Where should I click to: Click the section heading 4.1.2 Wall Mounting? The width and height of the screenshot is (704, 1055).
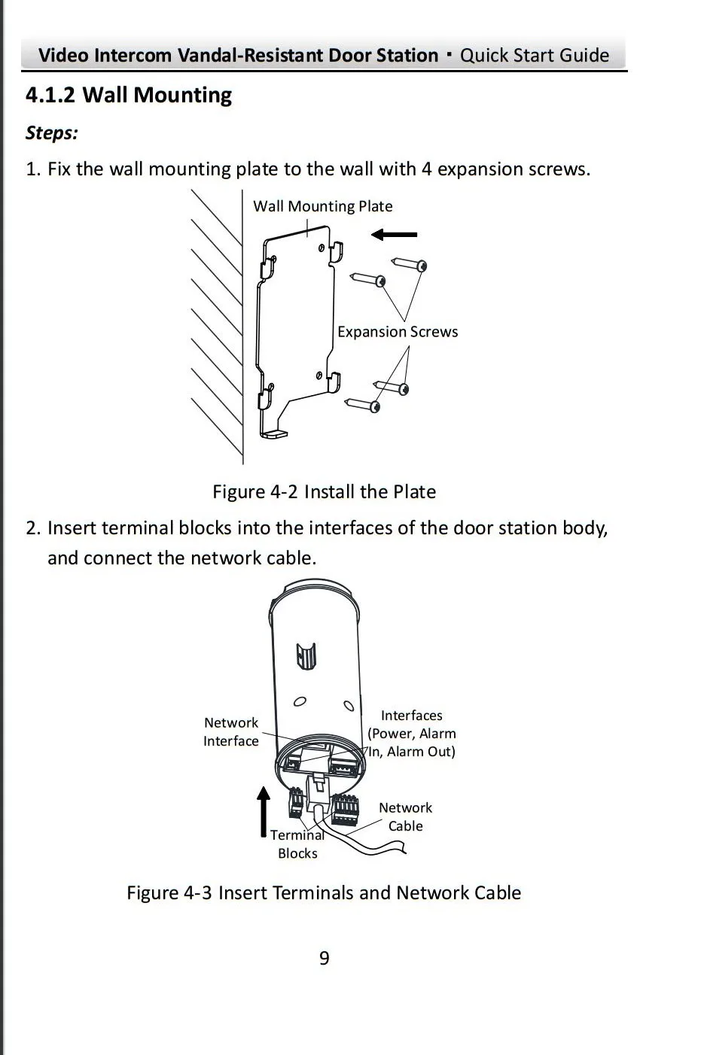tap(129, 96)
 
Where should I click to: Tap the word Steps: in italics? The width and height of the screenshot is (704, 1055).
tap(52, 133)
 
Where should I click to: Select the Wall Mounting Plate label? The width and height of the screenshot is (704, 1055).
tap(322, 206)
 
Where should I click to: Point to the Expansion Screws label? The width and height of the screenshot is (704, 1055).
tap(397, 332)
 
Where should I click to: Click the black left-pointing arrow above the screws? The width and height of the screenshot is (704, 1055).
tap(394, 235)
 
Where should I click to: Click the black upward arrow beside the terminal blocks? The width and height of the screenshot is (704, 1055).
tap(263, 811)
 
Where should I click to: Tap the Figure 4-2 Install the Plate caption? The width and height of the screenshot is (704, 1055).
tap(324, 492)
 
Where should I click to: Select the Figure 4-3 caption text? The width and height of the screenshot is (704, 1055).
tap(324, 893)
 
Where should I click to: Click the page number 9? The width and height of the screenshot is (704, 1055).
tap(325, 958)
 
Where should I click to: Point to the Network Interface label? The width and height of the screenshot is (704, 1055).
tap(231, 731)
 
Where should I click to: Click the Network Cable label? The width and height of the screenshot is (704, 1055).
tap(405, 816)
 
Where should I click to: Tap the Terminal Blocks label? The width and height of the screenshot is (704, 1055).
tap(297, 844)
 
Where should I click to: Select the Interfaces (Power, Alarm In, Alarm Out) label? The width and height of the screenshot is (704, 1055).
tap(411, 733)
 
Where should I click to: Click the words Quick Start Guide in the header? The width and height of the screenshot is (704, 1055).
tap(535, 56)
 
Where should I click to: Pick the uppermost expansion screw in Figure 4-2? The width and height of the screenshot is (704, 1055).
tap(410, 264)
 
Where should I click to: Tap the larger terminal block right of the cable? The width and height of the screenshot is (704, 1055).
tap(346, 809)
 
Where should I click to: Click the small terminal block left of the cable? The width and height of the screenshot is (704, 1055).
tap(296, 803)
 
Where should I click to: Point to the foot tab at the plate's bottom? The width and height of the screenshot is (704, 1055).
tap(275, 433)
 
